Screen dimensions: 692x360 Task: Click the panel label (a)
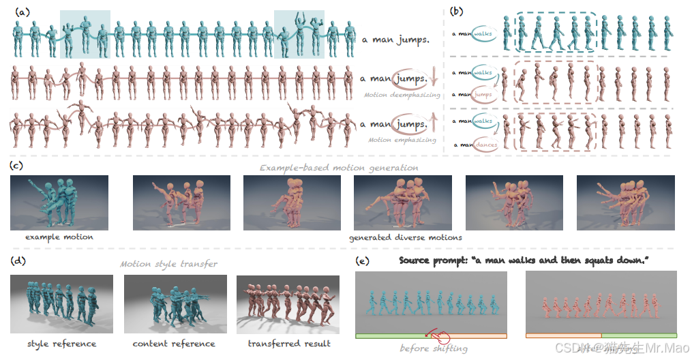pyautogui.click(x=23, y=11)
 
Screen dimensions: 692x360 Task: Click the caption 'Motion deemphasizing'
pyautogui.click(x=402, y=95)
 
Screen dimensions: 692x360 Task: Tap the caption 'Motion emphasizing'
pyautogui.click(x=401, y=140)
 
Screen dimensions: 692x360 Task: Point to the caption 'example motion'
pyautogui.click(x=59, y=237)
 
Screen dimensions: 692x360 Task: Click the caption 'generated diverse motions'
pyautogui.click(x=406, y=237)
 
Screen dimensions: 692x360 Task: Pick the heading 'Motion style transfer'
pyautogui.click(x=169, y=264)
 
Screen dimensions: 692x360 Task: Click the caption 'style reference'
pyautogui.click(x=61, y=344)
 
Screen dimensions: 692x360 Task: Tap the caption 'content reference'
pyautogui.click(x=174, y=344)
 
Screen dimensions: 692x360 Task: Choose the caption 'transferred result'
pyautogui.click(x=289, y=344)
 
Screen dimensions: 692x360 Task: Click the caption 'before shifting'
pyautogui.click(x=434, y=348)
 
